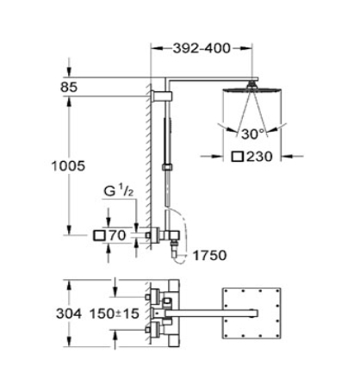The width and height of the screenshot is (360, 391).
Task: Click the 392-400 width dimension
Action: coord(202,48)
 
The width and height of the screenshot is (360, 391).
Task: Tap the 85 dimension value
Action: coord(69,87)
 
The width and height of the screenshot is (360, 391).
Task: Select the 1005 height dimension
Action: coord(68,166)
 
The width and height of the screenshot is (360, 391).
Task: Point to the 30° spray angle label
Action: coord(252,133)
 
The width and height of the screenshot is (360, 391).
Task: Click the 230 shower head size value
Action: coord(259,157)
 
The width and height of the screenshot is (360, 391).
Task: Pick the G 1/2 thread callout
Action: coord(119,191)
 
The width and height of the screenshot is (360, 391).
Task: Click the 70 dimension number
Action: coord(117,236)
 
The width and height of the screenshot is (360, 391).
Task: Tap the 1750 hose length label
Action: coord(209,256)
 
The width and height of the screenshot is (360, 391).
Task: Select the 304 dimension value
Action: coord(69,313)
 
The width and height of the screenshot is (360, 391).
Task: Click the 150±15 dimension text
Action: coord(115,313)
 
